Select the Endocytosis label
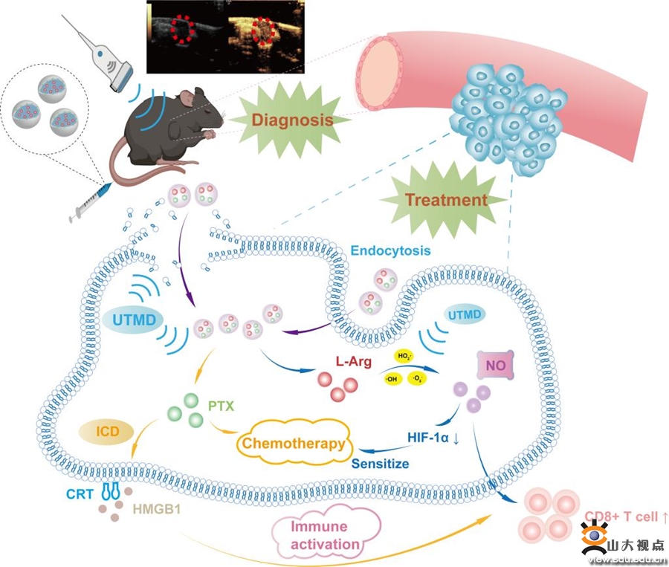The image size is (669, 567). click(390, 251)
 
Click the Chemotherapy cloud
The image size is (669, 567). click(291, 444)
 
